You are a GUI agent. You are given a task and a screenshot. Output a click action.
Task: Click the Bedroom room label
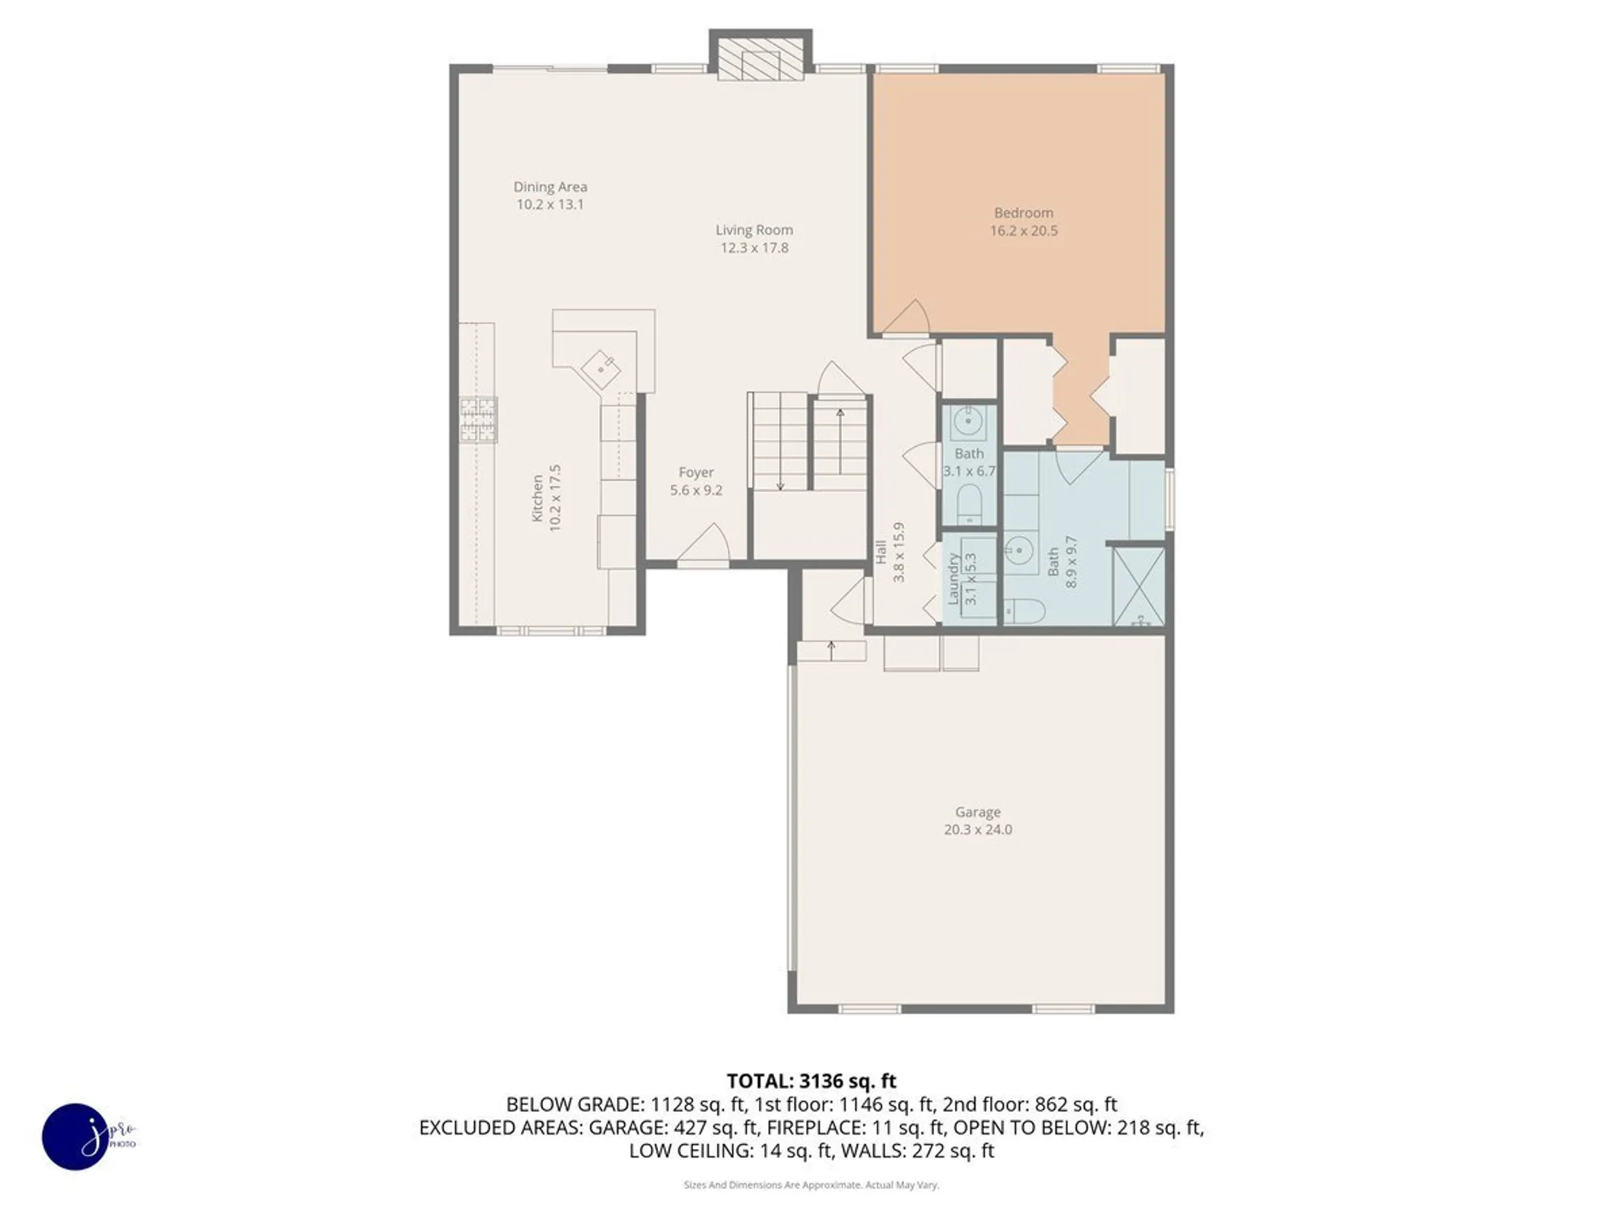1023,213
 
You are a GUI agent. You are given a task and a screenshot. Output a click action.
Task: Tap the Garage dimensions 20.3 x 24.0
977,830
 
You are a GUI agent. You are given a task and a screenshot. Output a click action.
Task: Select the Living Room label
754,230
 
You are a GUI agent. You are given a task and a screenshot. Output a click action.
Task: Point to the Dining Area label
549,187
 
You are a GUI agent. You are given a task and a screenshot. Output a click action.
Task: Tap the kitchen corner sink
601,369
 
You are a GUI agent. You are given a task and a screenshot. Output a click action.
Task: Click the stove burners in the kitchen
478,419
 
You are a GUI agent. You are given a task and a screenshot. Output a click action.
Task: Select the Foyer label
696,472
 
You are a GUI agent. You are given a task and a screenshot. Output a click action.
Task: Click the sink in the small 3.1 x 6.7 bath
967,421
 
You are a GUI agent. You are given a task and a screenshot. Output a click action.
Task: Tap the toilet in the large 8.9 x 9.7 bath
1023,611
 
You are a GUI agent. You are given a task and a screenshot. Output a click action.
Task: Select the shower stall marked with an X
1138,586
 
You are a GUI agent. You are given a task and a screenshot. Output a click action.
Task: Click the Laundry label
954,578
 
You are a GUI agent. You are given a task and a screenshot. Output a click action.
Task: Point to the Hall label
881,552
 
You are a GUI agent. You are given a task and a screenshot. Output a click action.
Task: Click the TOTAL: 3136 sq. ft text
811,1081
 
